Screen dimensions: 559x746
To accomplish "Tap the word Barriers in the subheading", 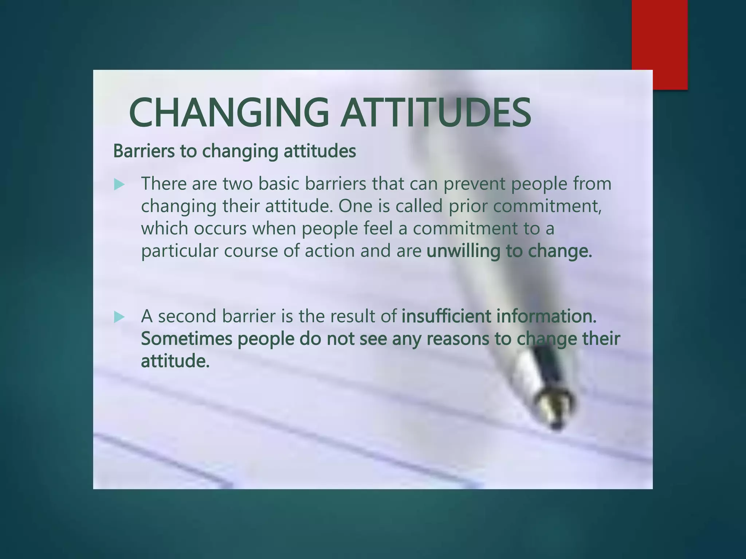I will (144, 151).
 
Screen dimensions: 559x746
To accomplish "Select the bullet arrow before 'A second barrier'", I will (119, 317).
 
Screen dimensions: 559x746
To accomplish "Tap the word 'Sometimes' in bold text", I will (186, 338).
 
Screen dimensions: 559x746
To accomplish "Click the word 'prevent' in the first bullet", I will (474, 184).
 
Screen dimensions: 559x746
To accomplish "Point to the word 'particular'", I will (179, 251).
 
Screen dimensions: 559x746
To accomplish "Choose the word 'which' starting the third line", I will (164, 229).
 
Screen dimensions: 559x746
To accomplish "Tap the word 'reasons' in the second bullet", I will (458, 339).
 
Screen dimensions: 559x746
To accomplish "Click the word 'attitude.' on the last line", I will (175, 361).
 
